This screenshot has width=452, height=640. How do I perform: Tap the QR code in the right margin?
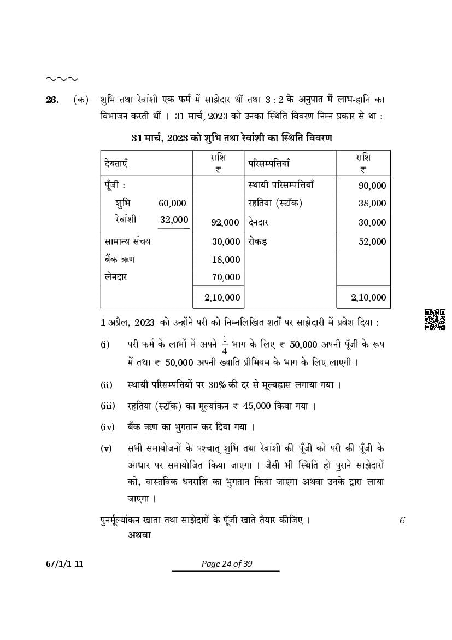[435, 320]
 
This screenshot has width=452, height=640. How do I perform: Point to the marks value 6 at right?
[402, 520]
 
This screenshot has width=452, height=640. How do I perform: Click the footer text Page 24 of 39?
[225, 564]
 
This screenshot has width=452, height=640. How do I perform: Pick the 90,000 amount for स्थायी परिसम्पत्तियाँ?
[372, 186]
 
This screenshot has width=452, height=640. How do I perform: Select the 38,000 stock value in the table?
[372, 203]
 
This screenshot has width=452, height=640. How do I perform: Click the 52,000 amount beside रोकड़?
[372, 241]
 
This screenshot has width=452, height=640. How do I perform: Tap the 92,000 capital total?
[225, 222]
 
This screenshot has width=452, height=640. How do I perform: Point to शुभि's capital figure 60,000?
[172, 203]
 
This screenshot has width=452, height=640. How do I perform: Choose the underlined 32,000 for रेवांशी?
[173, 220]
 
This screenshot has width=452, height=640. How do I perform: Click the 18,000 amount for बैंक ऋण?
[226, 260]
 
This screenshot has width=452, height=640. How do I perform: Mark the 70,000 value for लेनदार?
[226, 278]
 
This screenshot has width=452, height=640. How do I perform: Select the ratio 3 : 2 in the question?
[274, 100]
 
